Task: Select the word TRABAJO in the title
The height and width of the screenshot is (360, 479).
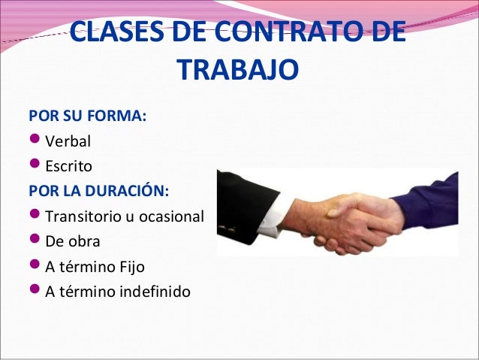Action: pos(239,71)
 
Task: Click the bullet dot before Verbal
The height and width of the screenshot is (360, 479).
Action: pos(35,141)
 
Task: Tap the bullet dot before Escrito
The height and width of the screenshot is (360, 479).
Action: pos(35,165)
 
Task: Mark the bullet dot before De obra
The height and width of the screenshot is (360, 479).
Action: pos(35,241)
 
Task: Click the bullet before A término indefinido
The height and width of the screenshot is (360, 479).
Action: pos(35,291)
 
